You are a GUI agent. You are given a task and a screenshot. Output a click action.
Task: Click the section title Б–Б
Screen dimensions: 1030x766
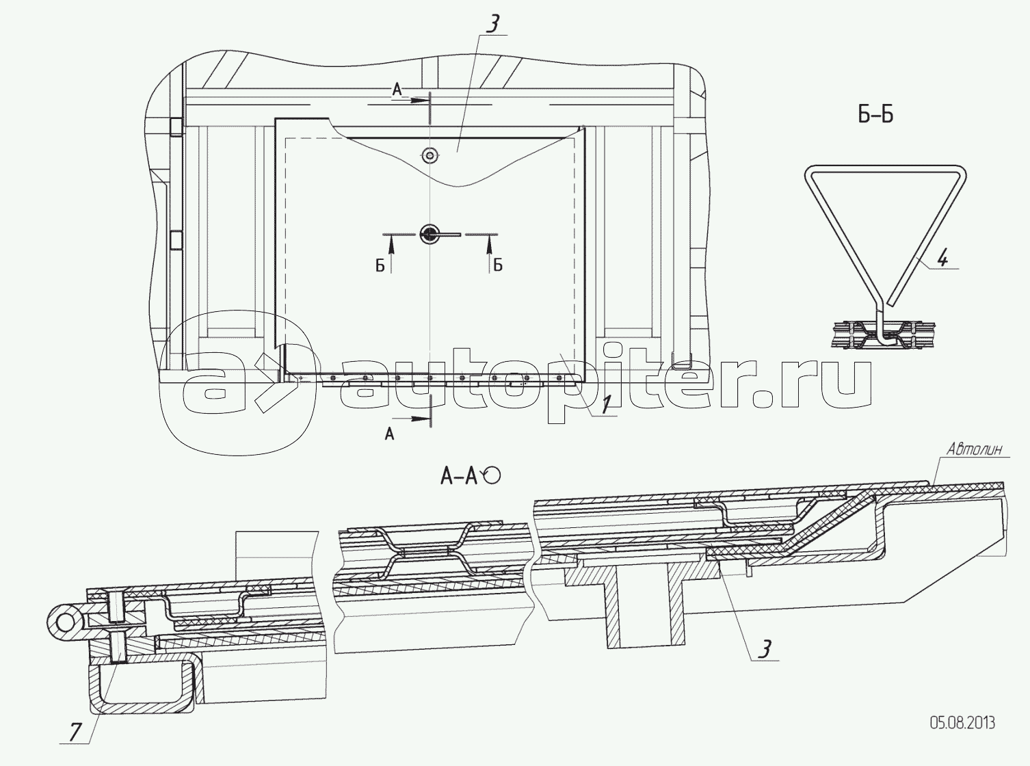click(x=875, y=115)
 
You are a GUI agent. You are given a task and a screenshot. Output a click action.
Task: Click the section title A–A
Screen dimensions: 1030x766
click(x=459, y=477)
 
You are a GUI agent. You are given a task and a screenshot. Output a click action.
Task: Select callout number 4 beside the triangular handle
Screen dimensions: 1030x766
click(x=942, y=259)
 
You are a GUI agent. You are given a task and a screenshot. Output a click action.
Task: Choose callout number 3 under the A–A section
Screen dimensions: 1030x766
click(x=765, y=649)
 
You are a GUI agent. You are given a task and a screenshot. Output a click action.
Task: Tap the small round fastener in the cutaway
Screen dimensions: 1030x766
click(x=430, y=155)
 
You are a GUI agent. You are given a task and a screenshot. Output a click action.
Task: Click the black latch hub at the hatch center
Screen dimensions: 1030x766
click(x=429, y=235)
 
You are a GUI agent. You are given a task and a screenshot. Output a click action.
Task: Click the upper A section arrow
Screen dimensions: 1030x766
click(x=417, y=100)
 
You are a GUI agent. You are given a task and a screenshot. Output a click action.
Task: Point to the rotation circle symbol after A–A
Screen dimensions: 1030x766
click(x=492, y=476)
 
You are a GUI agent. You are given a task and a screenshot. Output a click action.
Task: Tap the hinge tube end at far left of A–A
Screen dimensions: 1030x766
click(x=65, y=622)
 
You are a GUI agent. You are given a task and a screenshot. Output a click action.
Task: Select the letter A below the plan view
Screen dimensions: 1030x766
click(x=390, y=434)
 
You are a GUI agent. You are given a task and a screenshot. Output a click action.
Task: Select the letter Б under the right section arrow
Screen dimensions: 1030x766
click(x=498, y=266)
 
